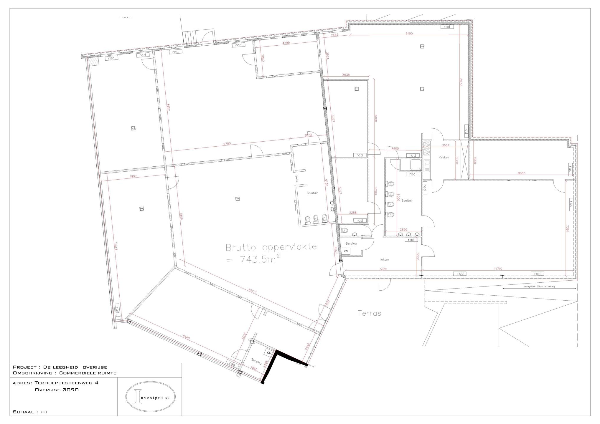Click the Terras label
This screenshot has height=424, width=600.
pyautogui.click(x=370, y=313)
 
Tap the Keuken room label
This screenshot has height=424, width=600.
pyautogui.click(x=444, y=158)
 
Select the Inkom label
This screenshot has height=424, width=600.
pyautogui.click(x=385, y=259)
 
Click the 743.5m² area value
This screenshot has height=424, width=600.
pyautogui.click(x=259, y=259)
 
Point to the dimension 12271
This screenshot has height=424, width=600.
pyautogui.click(x=253, y=292)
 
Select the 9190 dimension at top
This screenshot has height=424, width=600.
pyautogui.click(x=409, y=34)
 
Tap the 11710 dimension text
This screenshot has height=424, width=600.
pyautogui.click(x=498, y=269)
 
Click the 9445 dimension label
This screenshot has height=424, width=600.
pyautogui.click(x=186, y=337)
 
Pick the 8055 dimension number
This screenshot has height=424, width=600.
pyautogui.click(x=521, y=173)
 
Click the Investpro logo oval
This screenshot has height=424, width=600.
pyautogui.click(x=151, y=397)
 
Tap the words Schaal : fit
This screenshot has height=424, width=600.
pyautogui.click(x=30, y=412)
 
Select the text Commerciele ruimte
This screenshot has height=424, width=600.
pyautogui.click(x=88, y=373)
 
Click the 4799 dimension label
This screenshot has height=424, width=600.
pyautogui.click(x=286, y=43)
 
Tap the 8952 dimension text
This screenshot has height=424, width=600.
pyautogui.click(x=168, y=107)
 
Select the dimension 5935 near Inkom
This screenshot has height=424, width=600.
pyautogui.click(x=383, y=269)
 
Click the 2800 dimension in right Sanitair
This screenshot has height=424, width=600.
pyautogui.click(x=403, y=230)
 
